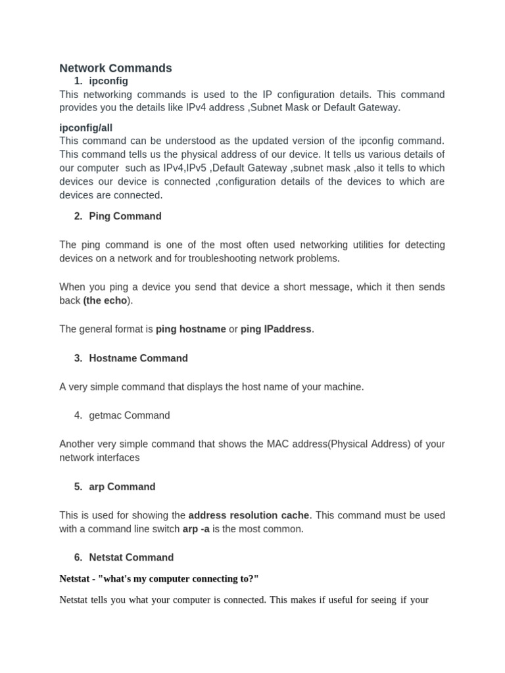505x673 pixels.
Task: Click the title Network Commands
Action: [116, 68]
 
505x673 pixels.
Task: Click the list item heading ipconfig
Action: [108, 81]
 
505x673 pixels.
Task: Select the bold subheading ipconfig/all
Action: [91, 128]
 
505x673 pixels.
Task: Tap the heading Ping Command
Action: [125, 216]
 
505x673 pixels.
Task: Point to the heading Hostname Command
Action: [138, 358]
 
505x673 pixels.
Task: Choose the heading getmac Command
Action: [129, 415]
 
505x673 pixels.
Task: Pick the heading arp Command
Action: [122, 487]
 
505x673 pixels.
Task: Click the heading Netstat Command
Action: [131, 557]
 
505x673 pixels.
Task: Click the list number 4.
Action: [78, 415]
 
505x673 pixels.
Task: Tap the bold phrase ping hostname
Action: [191, 329]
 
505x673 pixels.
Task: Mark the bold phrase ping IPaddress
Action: [276, 329]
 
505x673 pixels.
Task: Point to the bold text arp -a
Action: [196, 529]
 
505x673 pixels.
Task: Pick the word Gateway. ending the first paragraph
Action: [380, 108]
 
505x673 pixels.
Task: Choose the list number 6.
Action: [78, 557]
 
